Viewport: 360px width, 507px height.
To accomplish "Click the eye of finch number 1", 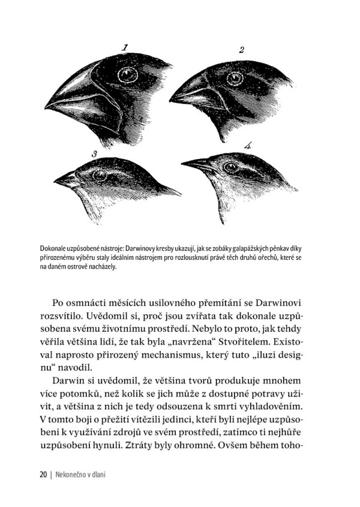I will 127,74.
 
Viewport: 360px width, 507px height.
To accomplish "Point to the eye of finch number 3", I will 98,175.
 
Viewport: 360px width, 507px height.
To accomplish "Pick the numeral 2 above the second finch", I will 241,49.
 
